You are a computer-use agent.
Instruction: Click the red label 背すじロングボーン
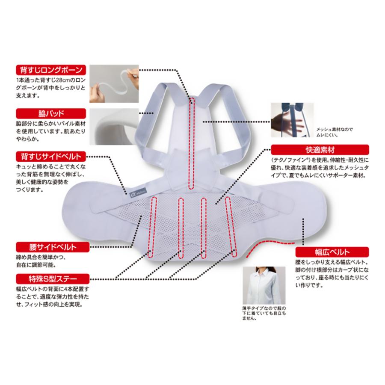click(x=51, y=70)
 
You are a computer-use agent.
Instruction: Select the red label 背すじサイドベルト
click(x=51, y=155)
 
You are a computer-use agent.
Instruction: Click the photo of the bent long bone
click(x=114, y=84)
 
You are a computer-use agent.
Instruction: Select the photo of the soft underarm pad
click(x=114, y=127)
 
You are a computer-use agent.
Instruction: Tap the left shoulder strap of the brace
click(x=150, y=111)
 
